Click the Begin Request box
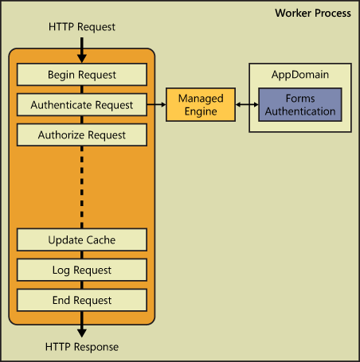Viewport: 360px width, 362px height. point(82,75)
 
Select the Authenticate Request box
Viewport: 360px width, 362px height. point(82,105)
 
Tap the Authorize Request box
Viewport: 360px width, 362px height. point(82,134)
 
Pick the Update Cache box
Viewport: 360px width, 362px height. point(82,239)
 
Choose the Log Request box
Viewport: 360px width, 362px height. point(82,270)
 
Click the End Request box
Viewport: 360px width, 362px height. point(82,300)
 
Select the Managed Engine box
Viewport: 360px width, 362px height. point(201,105)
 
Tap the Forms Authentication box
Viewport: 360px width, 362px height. point(300,105)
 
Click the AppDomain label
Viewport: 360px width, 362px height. point(300,75)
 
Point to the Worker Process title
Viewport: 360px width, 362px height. point(313,13)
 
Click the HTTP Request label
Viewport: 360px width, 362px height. point(82,27)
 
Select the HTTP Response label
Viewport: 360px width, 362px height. point(82,347)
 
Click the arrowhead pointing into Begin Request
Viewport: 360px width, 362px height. point(82,59)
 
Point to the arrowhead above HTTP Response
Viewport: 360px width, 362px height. point(82,333)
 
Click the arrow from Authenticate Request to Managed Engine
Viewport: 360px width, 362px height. point(156,104)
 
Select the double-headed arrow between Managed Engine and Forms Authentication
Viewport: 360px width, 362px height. point(247,104)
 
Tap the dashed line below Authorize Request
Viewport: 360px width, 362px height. point(82,187)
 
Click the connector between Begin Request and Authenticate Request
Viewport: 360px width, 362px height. point(82,90)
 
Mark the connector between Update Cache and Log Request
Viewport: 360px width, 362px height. point(82,255)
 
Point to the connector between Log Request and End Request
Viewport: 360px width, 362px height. point(82,285)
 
